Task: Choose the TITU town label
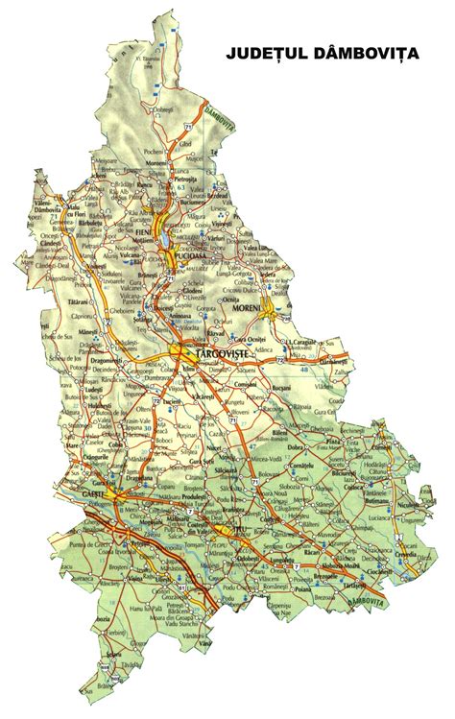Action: pyautogui.click(x=228, y=528)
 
